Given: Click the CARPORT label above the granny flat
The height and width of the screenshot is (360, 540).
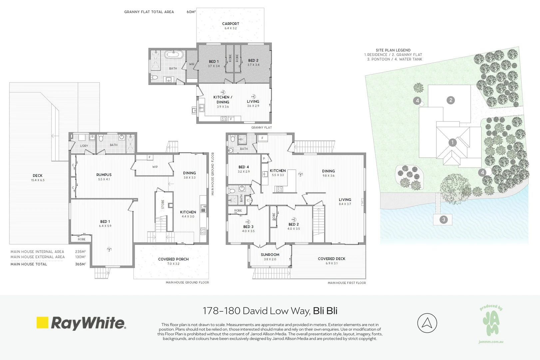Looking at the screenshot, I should point(231,24).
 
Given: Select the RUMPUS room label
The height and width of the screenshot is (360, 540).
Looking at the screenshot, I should point(104,175).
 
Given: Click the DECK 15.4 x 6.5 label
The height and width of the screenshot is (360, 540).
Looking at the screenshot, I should point(38,176).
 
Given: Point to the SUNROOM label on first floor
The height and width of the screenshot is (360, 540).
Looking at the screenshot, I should point(270,255).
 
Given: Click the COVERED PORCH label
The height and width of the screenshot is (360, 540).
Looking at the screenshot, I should point(173,259).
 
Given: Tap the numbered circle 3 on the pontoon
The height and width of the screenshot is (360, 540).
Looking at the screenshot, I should point(443,219).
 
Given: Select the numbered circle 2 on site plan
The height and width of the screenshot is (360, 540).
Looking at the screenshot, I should point(451,100).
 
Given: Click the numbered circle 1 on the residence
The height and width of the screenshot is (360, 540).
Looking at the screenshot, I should point(452,143).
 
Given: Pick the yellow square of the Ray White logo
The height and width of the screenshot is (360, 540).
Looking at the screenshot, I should point(42,323).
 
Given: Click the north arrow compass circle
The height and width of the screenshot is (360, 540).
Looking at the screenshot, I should point(427,323).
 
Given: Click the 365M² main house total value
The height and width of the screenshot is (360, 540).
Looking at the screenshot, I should point(80,264).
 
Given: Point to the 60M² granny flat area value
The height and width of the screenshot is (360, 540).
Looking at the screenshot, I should point(191,12).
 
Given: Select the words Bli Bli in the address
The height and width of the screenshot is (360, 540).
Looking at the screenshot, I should point(325,311).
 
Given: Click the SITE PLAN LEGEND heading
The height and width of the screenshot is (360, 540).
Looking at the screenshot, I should point(393,50).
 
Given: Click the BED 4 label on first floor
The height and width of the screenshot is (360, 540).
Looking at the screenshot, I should point(244,167).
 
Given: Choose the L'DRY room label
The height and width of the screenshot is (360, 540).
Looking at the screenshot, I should point(84,146).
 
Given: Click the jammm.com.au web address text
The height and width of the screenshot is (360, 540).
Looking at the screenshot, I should point(491,342).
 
